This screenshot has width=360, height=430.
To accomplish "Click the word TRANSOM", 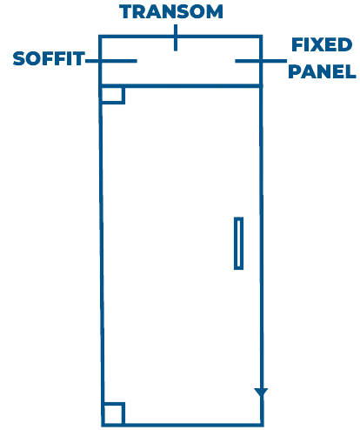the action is click(x=171, y=11).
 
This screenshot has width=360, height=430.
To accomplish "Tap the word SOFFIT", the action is click(x=49, y=58).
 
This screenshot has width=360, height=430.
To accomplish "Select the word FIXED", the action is click(x=322, y=44).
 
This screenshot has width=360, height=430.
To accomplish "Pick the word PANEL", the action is click(x=322, y=71).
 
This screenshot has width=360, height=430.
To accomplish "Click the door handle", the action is click(x=238, y=243).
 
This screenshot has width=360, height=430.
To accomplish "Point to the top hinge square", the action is click(x=113, y=95).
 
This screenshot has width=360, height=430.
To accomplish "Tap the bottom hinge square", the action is click(x=114, y=413).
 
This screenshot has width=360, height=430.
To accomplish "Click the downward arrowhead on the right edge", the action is click(x=261, y=393).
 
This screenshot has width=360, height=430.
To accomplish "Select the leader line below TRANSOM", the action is click(x=176, y=37).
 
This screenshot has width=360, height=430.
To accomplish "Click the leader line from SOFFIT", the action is click(x=111, y=61).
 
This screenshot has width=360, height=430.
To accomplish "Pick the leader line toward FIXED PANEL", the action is click(x=261, y=61).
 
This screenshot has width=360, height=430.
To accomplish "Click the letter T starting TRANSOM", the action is click(x=126, y=12).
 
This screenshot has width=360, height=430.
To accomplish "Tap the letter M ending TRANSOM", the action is click(x=214, y=12).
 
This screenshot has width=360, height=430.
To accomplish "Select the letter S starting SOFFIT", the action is click(x=19, y=58).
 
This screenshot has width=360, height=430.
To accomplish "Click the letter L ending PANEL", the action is click(x=350, y=71).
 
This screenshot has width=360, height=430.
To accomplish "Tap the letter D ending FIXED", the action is click(x=345, y=44).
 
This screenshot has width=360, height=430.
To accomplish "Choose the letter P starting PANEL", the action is click(x=295, y=71).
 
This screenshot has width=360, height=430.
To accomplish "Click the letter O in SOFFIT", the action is click(x=34, y=58).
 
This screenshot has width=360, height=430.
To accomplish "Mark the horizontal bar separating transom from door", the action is click(x=181, y=86).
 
